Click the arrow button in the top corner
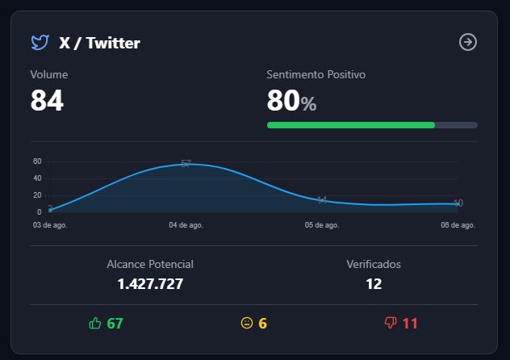coord(468,42)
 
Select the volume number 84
coord(47,101)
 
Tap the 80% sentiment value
coord(291,101)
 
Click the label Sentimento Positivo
coord(316,74)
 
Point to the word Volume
coord(49,74)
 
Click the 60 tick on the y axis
coord(37,161)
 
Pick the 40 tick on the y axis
coord(37,178)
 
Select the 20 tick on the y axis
coord(37,195)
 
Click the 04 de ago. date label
coord(186,225)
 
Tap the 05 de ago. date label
coord(322,225)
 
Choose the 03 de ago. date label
coord(51,225)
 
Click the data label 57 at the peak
coord(186,164)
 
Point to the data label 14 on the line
coord(322,199)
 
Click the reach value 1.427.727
coord(150,283)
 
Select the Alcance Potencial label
coord(150,264)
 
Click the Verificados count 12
coord(374,283)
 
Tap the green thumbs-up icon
coord(95,324)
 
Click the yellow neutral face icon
coord(247,324)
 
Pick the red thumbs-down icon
coord(391,324)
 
